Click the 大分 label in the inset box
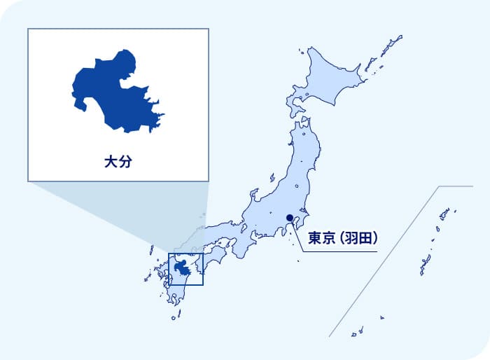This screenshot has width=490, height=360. coord(118,162)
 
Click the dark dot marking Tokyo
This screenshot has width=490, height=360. coord(290,217)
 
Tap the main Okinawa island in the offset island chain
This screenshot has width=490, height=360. coord(424,265)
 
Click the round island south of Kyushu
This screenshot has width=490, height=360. coord(174,317)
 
